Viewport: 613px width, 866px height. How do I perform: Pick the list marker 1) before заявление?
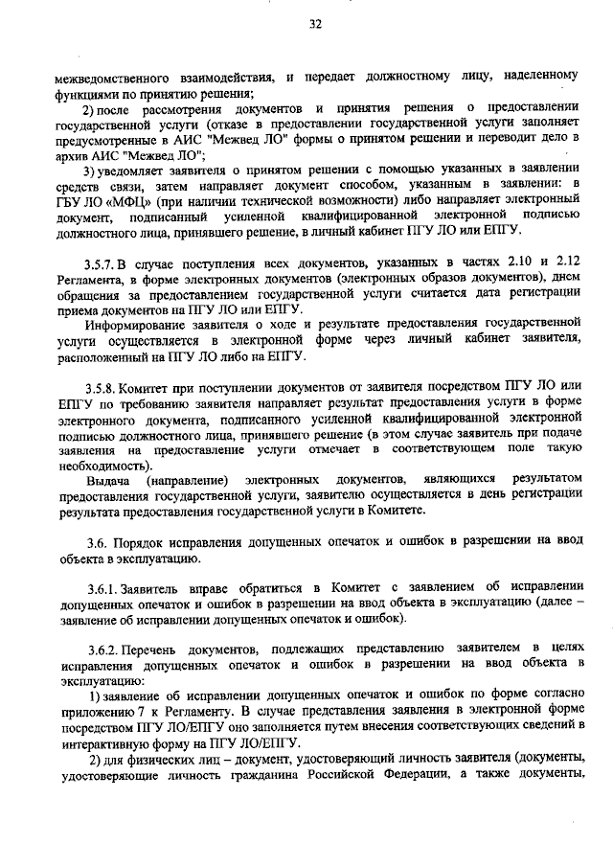[x=93, y=695]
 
